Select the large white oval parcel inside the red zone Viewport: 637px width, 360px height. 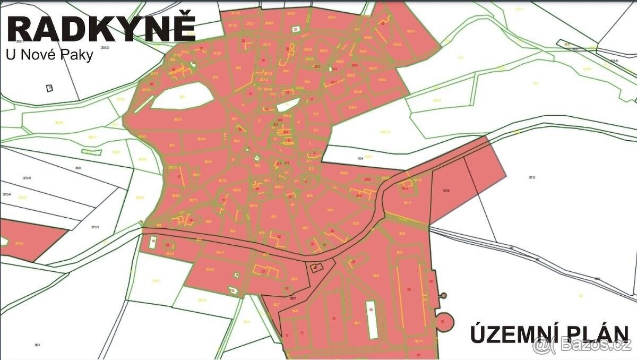coord(183,96)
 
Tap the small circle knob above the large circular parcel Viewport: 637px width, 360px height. coord(443,295)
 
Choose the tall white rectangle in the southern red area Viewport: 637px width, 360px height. coord(372,319)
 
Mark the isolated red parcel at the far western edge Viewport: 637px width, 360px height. coord(27,242)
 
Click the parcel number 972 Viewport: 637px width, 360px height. coord(532,177)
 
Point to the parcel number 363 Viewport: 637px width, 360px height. coord(37,345)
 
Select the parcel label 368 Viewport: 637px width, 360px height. coord(78,168)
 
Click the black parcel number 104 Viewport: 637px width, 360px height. coord(360,158)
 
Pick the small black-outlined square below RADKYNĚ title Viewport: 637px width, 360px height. coord(49,88)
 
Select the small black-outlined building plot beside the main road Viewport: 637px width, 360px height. coord(317,268)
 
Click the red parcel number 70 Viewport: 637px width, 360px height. coord(333,318)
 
